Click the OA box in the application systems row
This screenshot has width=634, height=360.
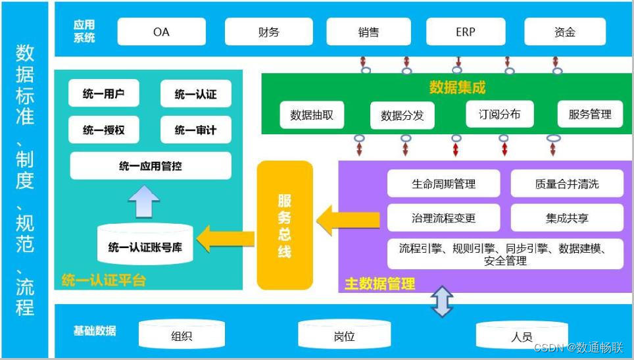point(161,32)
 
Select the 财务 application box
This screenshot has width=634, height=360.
point(269,32)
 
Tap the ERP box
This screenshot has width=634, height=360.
point(465,32)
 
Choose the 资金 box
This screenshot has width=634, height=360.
point(564,32)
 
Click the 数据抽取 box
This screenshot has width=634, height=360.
point(312,115)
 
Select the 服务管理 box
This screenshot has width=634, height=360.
point(590,115)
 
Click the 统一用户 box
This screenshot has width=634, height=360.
point(104,94)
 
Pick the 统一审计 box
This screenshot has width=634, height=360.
point(195,130)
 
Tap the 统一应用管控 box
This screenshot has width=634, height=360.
point(151,166)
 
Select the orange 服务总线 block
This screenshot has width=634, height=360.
point(284,225)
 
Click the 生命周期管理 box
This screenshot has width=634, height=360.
point(443,184)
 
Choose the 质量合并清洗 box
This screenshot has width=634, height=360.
point(567,184)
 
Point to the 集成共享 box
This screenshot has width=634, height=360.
point(567,218)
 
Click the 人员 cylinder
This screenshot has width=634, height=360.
point(522,335)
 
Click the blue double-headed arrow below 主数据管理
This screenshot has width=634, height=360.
point(442,301)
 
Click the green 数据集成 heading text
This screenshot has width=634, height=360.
point(457,87)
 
